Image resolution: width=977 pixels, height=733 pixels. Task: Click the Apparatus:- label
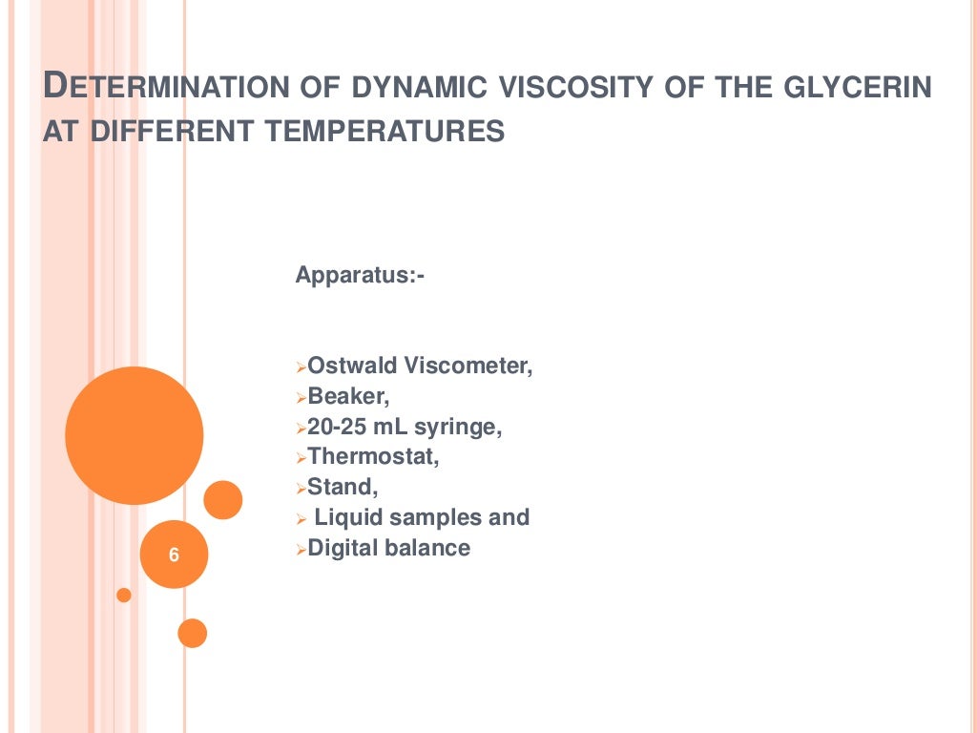click(x=360, y=276)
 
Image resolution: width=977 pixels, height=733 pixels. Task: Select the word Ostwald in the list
click(x=351, y=366)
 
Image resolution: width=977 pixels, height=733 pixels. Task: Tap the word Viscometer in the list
click(x=468, y=366)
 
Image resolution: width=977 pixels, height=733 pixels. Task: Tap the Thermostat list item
click(x=373, y=457)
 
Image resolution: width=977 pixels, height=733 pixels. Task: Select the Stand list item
click(x=343, y=487)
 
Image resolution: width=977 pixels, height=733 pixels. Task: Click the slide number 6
click(x=173, y=555)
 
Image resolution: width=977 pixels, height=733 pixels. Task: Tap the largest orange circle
click(x=135, y=435)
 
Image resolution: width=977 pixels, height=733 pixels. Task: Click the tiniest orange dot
click(x=123, y=595)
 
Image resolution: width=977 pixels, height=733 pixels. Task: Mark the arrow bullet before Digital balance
click(x=300, y=550)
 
